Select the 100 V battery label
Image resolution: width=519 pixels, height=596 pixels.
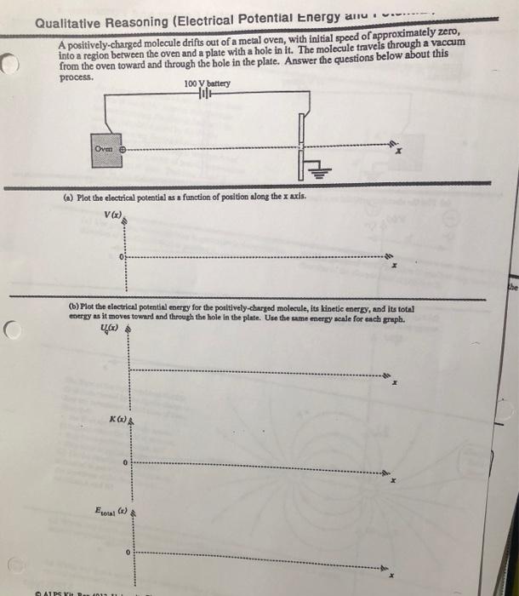[x=206, y=83]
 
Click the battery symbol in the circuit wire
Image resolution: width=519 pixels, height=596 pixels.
[x=203, y=94]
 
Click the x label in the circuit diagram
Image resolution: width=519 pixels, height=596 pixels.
[x=398, y=154]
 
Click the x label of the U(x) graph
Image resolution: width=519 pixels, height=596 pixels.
[x=395, y=385]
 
